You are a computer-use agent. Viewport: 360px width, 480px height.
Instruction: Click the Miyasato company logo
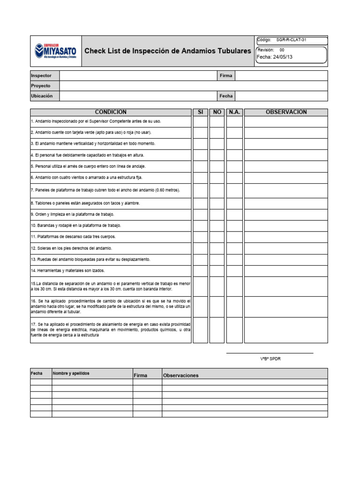tap(56, 51)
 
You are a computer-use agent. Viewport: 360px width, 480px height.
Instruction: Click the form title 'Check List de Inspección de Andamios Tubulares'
tap(167, 51)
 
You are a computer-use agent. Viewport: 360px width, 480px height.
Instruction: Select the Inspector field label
tap(38, 75)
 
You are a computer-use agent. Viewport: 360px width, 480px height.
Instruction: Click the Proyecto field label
tap(40, 86)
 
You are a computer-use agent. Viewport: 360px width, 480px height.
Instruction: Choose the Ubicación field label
tap(42, 96)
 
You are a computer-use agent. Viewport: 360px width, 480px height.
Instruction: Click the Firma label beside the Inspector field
tap(226, 75)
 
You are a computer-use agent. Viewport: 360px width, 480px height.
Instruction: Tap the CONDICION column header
tap(111, 112)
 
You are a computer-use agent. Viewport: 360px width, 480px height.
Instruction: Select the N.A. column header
tap(234, 112)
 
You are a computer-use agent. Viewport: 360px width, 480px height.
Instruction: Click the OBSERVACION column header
tap(286, 112)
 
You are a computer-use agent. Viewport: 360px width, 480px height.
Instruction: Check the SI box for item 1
tap(200, 121)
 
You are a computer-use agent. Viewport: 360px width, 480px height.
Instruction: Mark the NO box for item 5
tap(217, 166)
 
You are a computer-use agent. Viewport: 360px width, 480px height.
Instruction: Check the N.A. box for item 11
tap(234, 237)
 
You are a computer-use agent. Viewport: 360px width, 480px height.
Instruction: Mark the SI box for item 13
tap(200, 259)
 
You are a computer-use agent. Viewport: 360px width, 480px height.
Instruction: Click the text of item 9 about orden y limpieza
tap(73, 214)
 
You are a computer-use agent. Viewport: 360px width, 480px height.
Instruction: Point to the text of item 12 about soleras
tap(72, 248)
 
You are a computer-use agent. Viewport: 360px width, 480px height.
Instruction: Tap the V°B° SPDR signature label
tap(270, 359)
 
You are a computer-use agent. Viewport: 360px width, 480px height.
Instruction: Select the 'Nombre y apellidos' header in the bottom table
tap(71, 374)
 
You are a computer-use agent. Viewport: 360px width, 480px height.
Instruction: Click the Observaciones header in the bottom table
tap(180, 375)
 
